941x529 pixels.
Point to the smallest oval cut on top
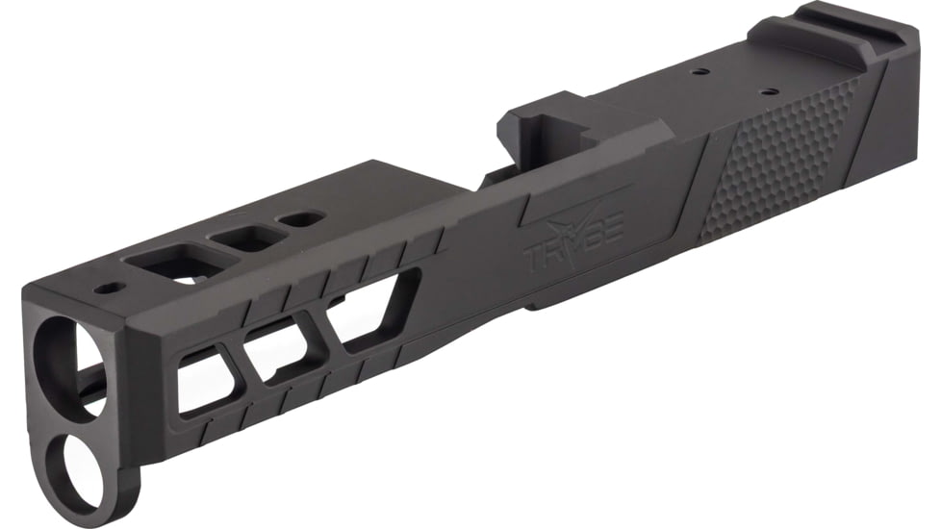coord(299,218)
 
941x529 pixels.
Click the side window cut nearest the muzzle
coord(203,380)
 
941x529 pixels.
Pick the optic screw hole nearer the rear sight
coord(768,92)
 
